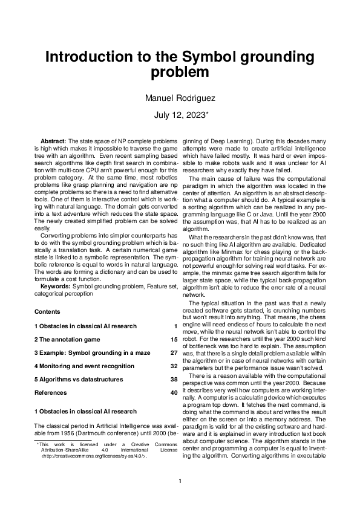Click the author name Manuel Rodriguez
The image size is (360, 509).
tap(180, 98)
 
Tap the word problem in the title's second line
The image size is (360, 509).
tap(180, 73)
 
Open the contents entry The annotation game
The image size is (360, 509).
tap(68, 340)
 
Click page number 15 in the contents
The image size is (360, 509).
tap(174, 340)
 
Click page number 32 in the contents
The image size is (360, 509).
tap(174, 366)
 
